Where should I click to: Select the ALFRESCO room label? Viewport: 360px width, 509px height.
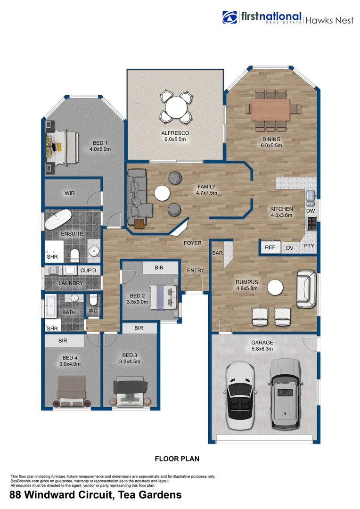[x=175, y=133]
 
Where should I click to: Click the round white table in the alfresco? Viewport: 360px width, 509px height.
[x=175, y=106]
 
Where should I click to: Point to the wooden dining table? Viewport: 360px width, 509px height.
[x=270, y=109]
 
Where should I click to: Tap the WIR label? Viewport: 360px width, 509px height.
[x=70, y=193]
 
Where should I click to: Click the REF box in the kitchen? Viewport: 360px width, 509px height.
[x=270, y=247]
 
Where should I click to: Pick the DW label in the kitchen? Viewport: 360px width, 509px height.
[x=310, y=211]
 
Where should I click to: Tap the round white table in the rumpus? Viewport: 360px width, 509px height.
[x=275, y=287]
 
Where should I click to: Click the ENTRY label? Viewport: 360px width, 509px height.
[x=196, y=271]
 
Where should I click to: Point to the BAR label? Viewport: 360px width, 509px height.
[x=218, y=253]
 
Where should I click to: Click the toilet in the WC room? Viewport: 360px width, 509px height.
[x=93, y=300]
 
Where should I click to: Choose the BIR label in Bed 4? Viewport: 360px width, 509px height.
[x=64, y=340]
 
